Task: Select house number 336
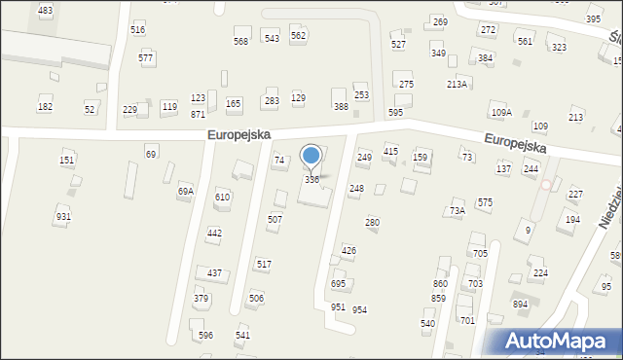[x=311, y=180]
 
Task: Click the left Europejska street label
[x=238, y=134]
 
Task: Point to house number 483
[x=45, y=10]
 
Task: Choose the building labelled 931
[x=63, y=217]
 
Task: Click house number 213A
[x=457, y=85]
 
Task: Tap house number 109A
[x=500, y=113]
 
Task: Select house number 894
[x=521, y=304]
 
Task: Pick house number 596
[x=205, y=336]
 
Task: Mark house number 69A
[x=185, y=192]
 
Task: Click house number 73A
[x=457, y=211]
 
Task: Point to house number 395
[x=593, y=19]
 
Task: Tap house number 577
[x=146, y=58]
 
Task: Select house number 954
[x=359, y=309]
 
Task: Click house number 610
[x=223, y=198]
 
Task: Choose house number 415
[x=390, y=152]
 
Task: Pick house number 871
[x=198, y=114]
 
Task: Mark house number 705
[x=480, y=254]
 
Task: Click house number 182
[x=45, y=106]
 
